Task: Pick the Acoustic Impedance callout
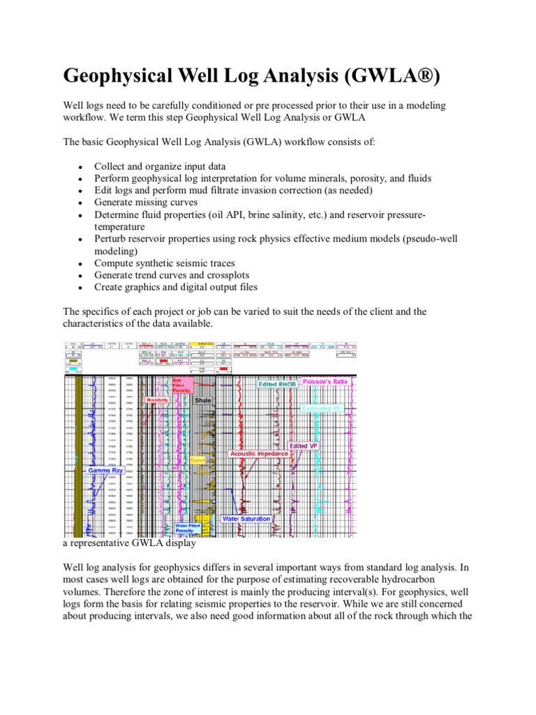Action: [x=260, y=453]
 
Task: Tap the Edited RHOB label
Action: [x=278, y=383]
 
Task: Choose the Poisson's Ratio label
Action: [x=328, y=382]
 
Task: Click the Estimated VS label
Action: [x=322, y=408]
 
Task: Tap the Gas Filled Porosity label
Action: [x=180, y=385]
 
